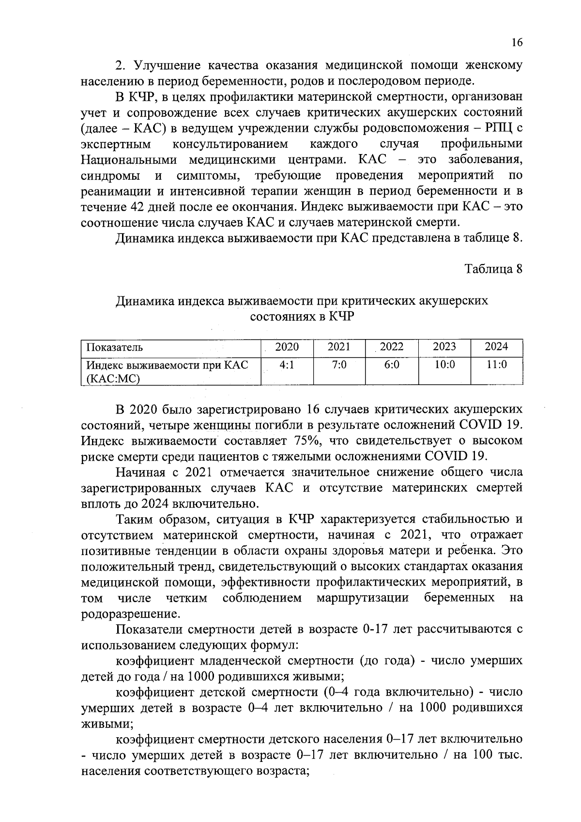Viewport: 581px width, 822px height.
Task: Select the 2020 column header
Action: click(x=287, y=347)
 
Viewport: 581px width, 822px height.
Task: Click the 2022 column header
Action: click(x=392, y=347)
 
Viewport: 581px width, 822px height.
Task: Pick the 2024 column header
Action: click(x=496, y=347)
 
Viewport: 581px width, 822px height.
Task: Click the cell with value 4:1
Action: click(x=287, y=365)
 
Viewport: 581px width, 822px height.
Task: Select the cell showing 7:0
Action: click(x=339, y=365)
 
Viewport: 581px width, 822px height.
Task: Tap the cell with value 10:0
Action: click(x=444, y=365)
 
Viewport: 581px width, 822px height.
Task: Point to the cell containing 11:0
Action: click(x=496, y=365)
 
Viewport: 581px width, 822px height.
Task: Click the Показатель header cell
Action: click(x=115, y=347)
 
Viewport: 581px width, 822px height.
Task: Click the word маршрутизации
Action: click(x=363, y=598)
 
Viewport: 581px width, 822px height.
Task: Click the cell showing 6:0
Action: click(x=392, y=365)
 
